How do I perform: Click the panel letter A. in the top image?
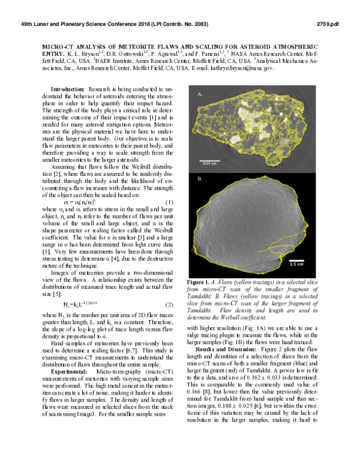pyautogui.click(x=200, y=94)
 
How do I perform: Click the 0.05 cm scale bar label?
pyautogui.click(x=209, y=146)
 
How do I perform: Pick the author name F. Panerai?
pyautogui.click(x=213, y=53)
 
